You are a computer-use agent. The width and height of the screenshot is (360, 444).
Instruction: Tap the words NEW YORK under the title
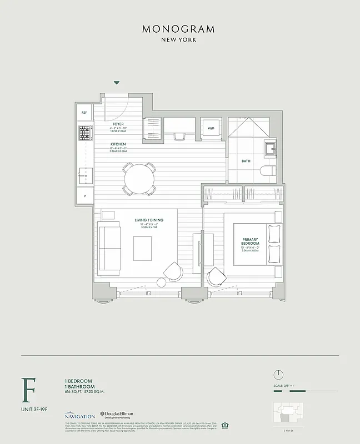pos(178,40)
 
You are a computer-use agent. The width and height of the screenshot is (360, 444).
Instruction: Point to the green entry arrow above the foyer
pos(117,83)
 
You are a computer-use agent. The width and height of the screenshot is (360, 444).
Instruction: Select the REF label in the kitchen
pos(84,113)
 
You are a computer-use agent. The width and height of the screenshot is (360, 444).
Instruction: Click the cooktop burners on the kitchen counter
pos(84,133)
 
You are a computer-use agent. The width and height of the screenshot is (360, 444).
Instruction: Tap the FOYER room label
pos(118,124)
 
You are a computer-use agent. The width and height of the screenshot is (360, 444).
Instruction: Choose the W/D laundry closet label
pos(211,128)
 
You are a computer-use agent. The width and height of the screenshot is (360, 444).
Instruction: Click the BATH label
pos(246,162)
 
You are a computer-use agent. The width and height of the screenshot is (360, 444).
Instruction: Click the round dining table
pos(139,179)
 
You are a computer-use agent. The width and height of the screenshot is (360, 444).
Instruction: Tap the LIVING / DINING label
pos(148,220)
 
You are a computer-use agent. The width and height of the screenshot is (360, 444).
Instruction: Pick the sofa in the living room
pos(109,249)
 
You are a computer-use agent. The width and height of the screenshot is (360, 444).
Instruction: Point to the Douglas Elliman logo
pos(117,415)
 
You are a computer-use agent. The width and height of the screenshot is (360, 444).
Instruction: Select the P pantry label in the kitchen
pos(85,196)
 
